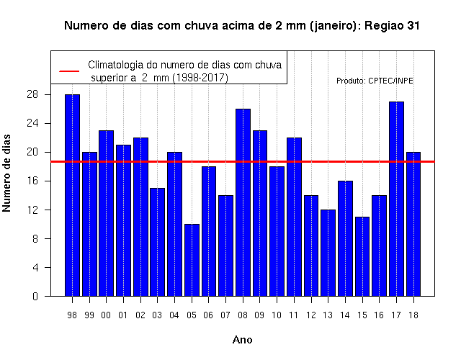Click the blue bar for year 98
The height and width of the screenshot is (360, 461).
(72, 195)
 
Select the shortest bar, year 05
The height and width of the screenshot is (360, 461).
(192, 260)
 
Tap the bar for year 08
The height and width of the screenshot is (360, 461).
(243, 202)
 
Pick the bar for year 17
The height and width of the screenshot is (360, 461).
(396, 199)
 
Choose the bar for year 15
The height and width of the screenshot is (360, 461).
(362, 256)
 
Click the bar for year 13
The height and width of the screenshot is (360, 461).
(328, 253)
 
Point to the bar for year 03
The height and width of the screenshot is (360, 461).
(157, 242)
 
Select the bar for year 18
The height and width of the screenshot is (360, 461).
(413, 224)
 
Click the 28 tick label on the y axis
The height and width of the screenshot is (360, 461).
(32, 94)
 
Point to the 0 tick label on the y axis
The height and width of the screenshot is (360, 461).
(35, 296)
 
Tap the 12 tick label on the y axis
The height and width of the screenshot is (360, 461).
(32, 210)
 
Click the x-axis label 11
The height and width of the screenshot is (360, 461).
(293, 315)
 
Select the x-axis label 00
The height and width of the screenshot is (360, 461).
(106, 315)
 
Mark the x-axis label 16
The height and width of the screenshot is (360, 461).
(379, 315)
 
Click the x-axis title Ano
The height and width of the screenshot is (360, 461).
(242, 340)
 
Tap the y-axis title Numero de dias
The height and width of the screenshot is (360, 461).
(6, 173)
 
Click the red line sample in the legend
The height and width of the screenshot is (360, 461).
(69, 71)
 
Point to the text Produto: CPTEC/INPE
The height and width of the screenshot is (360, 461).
(375, 81)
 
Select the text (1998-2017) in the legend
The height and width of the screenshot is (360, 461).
(200, 78)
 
